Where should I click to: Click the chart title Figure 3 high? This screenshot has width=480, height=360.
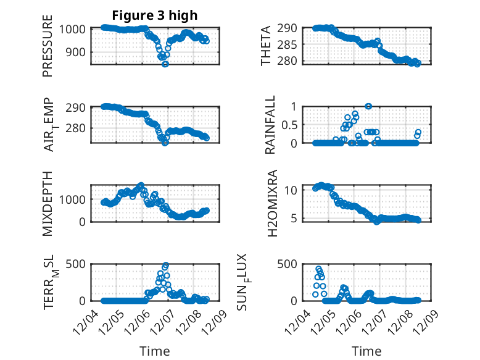coord(155,15)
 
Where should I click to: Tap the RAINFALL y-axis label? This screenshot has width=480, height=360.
coord(271,125)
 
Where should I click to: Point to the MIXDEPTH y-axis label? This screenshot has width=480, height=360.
coord(48,204)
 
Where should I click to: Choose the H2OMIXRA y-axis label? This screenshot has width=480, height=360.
coord(271,204)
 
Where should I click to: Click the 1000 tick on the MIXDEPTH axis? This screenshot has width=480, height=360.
coord(74,199)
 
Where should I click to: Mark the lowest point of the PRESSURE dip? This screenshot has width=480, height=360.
coord(165,64)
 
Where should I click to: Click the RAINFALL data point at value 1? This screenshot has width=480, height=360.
coord(368,106)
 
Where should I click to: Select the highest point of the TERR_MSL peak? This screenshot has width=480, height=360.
coord(165,265)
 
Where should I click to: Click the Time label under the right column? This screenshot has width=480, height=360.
coord(366,351)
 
